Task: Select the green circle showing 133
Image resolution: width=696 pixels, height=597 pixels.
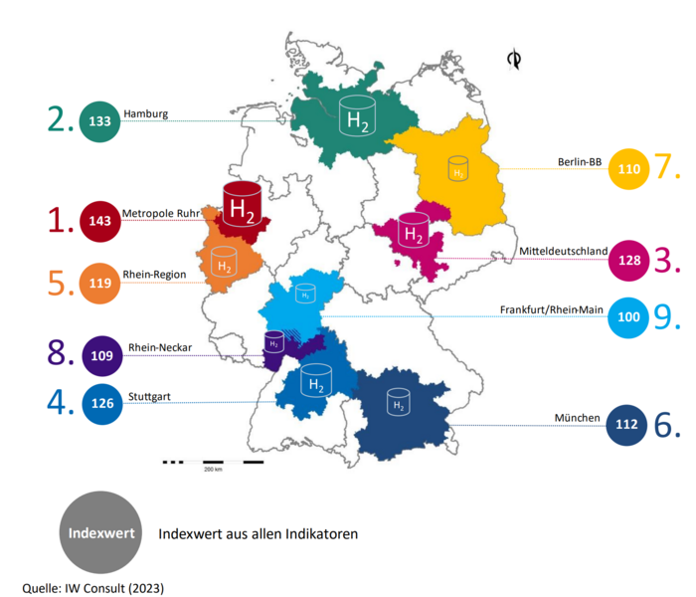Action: (98, 121)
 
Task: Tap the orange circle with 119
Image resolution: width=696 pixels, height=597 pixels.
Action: (98, 282)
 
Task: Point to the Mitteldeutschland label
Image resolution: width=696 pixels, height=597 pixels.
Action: (563, 252)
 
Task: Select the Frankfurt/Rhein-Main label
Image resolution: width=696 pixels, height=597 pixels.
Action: (552, 309)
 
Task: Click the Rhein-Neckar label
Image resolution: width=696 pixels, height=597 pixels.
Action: (158, 346)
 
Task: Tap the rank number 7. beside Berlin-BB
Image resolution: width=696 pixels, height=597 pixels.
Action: (667, 167)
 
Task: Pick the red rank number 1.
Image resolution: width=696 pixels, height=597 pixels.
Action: (63, 221)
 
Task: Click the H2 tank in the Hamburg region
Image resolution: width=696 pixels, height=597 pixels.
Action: (354, 115)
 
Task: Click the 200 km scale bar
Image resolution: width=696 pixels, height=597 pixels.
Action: (213, 463)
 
